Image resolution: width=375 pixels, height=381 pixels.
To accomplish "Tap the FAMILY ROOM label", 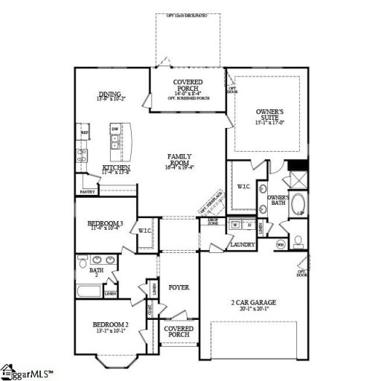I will coord(179,156).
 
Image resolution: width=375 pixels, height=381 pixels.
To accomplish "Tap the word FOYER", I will coord(179,287).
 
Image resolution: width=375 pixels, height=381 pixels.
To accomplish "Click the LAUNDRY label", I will coord(243,244).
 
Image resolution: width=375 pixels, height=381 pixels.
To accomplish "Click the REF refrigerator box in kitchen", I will coord(84,135).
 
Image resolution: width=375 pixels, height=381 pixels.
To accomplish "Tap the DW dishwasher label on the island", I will coord(115,129).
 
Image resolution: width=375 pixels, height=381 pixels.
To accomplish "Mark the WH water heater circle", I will coord(281,244).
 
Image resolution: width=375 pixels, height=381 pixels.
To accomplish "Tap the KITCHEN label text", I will coord(117,168).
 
